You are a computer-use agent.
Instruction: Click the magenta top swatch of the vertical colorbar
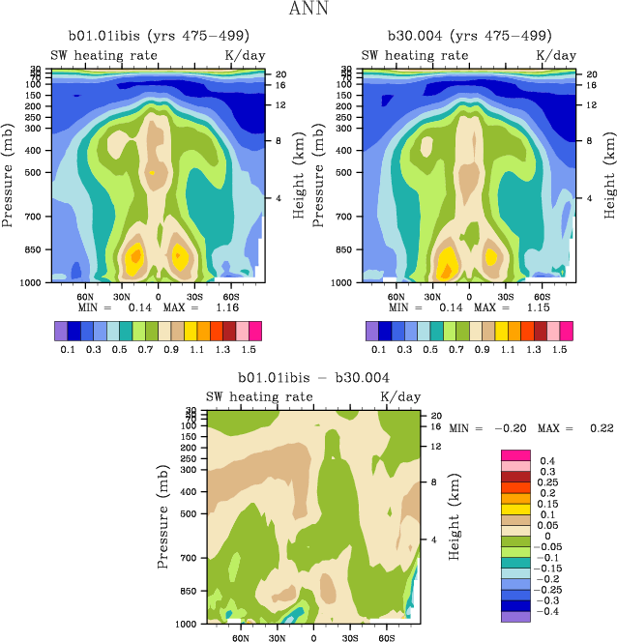click(x=514, y=455)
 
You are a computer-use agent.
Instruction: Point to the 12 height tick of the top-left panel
click(x=279, y=104)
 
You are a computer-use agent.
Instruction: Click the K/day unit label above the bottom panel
click(x=400, y=397)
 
